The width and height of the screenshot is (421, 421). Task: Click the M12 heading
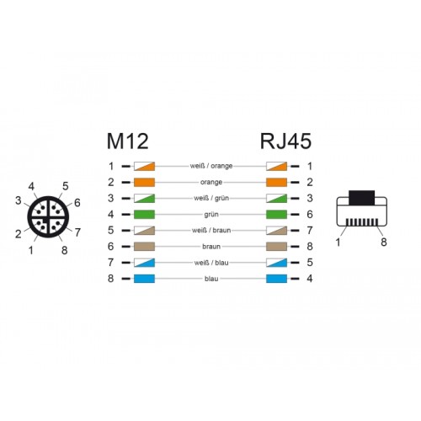point(127,141)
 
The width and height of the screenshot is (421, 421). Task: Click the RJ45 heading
point(285,141)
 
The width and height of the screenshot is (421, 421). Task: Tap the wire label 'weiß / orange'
point(211,166)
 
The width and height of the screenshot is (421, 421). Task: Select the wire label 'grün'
point(211,215)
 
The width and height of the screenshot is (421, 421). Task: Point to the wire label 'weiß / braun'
point(211,231)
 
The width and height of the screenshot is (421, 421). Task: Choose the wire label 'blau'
point(211,279)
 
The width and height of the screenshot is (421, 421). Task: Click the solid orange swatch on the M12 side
point(144,182)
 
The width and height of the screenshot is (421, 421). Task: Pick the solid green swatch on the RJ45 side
point(276,215)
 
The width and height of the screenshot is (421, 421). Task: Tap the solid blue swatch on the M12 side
point(144,279)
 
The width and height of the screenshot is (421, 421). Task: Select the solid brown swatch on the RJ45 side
point(276,247)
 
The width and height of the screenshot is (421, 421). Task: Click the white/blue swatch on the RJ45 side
point(276,263)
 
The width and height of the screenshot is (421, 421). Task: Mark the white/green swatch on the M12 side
point(144,198)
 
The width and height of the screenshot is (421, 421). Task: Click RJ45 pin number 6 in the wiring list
point(310,215)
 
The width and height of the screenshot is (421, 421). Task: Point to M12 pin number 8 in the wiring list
point(111,279)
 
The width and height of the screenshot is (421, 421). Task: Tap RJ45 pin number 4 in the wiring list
point(310,279)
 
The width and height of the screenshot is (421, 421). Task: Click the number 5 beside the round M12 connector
point(66,186)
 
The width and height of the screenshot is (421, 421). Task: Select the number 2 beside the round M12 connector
point(19,234)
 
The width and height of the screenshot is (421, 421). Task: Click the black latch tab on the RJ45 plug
point(362,198)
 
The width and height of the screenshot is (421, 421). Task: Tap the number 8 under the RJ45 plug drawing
point(384,242)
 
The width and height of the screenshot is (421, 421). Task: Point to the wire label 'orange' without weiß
point(211,182)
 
